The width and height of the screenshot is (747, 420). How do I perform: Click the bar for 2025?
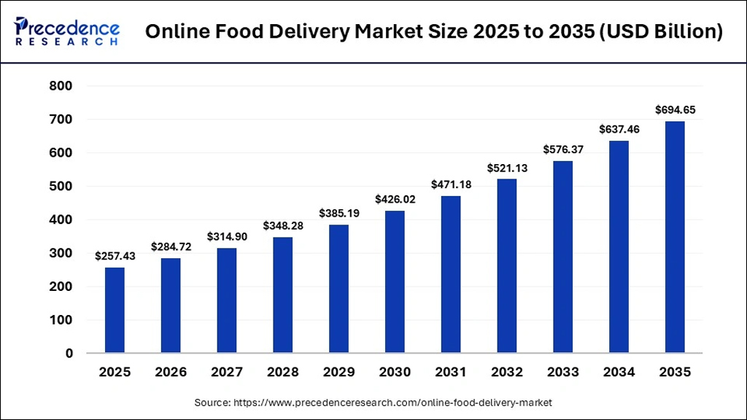click(x=115, y=310)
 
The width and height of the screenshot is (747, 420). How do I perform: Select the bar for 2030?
click(x=394, y=281)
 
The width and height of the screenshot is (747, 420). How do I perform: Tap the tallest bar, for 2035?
click(x=674, y=237)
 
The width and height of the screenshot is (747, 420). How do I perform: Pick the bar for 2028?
click(x=282, y=295)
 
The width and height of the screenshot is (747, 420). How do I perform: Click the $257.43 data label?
click(x=115, y=256)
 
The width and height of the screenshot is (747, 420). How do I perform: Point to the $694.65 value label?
click(x=674, y=110)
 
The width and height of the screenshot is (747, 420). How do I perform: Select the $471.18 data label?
click(x=450, y=184)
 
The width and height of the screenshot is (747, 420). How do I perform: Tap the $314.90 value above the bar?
click(x=226, y=236)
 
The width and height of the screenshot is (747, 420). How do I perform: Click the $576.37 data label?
click(x=562, y=149)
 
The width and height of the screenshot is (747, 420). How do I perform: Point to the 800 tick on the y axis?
click(x=61, y=86)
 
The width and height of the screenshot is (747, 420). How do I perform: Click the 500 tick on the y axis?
click(x=61, y=187)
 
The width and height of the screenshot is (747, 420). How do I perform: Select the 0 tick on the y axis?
click(x=68, y=354)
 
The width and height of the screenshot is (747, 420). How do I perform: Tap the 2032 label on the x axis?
click(x=506, y=373)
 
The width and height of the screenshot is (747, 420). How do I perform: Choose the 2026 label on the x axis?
click(x=170, y=373)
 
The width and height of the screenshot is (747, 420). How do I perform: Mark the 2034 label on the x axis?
click(x=618, y=373)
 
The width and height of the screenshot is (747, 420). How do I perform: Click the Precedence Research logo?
click(x=67, y=31)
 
